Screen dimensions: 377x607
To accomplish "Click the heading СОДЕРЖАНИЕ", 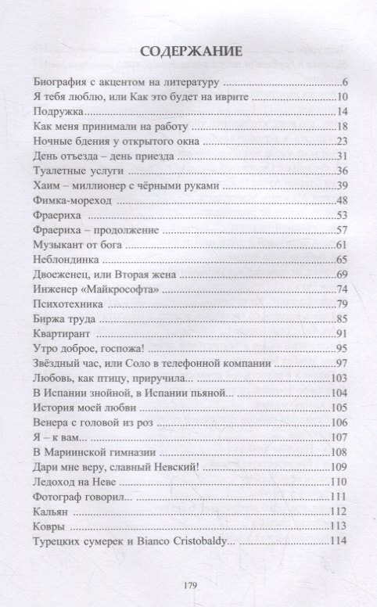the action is (x=188, y=52).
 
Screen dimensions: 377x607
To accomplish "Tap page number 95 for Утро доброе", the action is (x=341, y=348).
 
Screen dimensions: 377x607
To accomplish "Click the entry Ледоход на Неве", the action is (x=77, y=482).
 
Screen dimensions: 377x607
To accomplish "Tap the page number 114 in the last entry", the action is (x=338, y=541).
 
